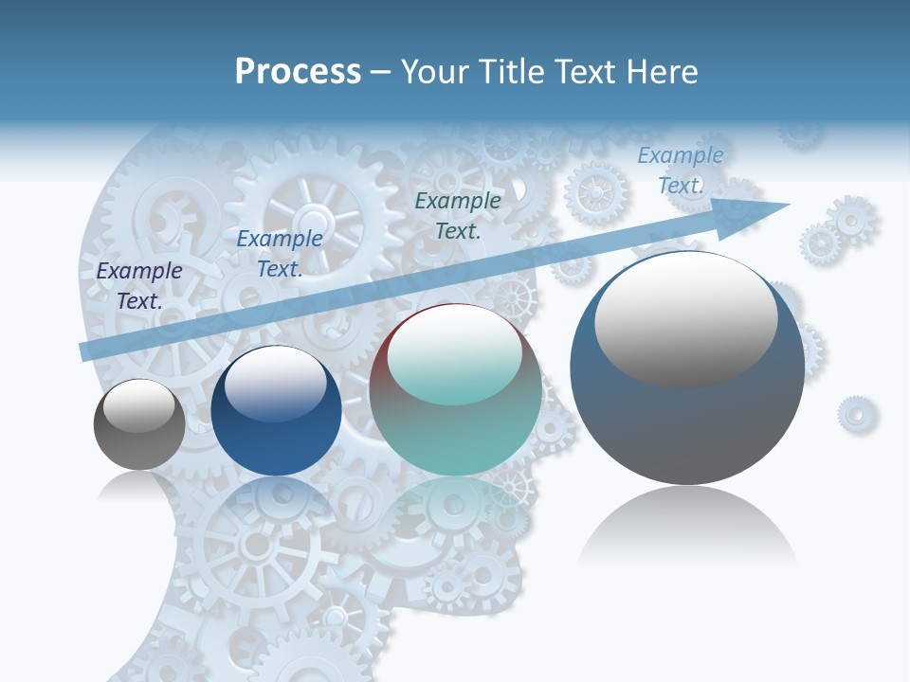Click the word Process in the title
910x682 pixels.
tap(298, 72)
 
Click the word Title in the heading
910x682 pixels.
tap(514, 72)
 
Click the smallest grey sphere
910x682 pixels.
tap(139, 424)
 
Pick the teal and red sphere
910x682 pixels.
tap(456, 390)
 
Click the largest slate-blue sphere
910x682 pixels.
tap(687, 368)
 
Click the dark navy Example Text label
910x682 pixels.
tap(139, 286)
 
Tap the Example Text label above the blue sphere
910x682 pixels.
tap(280, 254)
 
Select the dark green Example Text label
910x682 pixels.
tap(458, 215)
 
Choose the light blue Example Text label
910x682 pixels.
tap(681, 170)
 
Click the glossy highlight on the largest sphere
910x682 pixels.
tap(686, 318)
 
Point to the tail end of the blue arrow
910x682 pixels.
tap(85, 351)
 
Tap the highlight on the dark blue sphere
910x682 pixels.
tap(275, 384)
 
